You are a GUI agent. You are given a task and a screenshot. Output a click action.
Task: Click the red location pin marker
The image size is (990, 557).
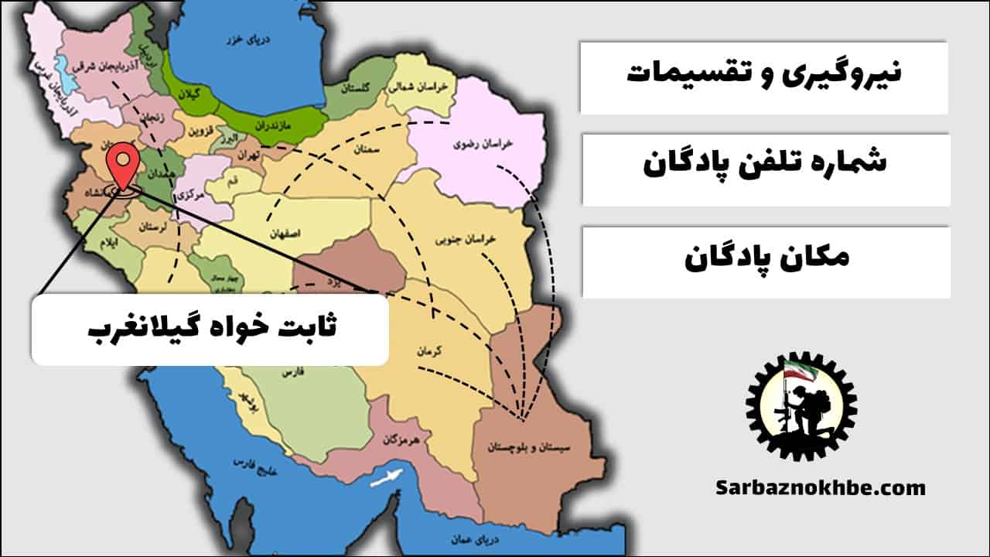123,164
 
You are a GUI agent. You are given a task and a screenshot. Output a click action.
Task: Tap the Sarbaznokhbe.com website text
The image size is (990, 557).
820,488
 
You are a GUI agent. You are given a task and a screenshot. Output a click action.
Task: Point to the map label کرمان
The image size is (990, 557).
428,350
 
